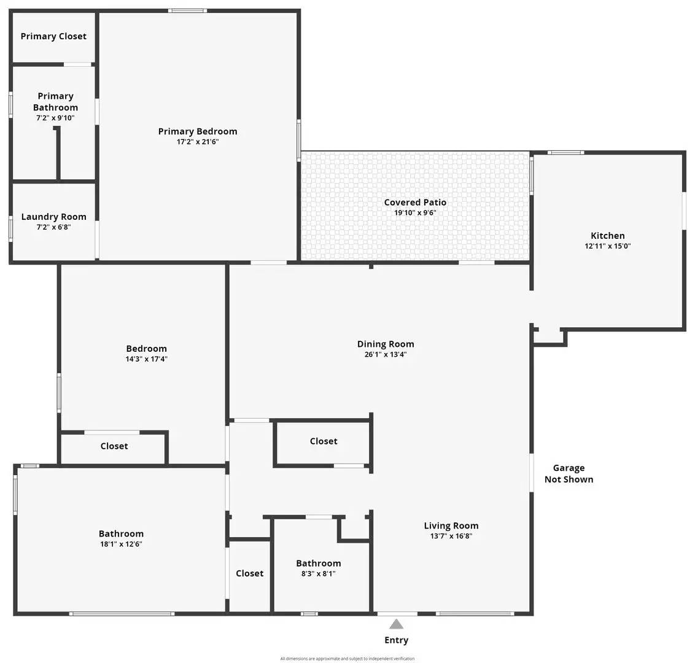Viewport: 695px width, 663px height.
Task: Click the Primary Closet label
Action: [53, 36]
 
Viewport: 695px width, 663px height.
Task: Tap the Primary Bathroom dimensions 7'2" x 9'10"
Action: [55, 118]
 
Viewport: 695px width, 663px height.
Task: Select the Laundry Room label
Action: [53, 217]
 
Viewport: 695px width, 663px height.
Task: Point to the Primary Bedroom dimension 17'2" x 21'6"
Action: [198, 142]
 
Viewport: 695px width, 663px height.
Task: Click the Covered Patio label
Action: [415, 203]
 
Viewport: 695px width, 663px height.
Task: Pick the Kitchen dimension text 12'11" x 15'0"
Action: [607, 246]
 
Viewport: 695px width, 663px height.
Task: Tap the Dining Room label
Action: [386, 344]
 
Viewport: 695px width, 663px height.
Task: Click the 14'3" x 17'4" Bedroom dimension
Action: [146, 359]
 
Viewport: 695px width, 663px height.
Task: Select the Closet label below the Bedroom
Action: [114, 446]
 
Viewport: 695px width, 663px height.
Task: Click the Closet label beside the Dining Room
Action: [324, 441]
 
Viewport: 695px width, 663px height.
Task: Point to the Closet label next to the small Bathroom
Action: [250, 573]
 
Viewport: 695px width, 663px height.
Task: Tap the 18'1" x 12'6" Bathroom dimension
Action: [121, 544]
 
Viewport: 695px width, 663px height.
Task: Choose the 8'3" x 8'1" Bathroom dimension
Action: [318, 574]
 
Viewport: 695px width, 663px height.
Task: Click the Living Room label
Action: [451, 525]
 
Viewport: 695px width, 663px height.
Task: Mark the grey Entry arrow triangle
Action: [397, 625]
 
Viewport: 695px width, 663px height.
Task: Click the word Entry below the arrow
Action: [396, 640]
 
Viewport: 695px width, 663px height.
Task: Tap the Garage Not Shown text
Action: [569, 473]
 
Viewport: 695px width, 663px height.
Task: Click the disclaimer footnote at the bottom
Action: [347, 659]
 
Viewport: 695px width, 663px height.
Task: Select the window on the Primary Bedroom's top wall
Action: [188, 10]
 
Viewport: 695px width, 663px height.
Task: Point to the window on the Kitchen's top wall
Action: [565, 153]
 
